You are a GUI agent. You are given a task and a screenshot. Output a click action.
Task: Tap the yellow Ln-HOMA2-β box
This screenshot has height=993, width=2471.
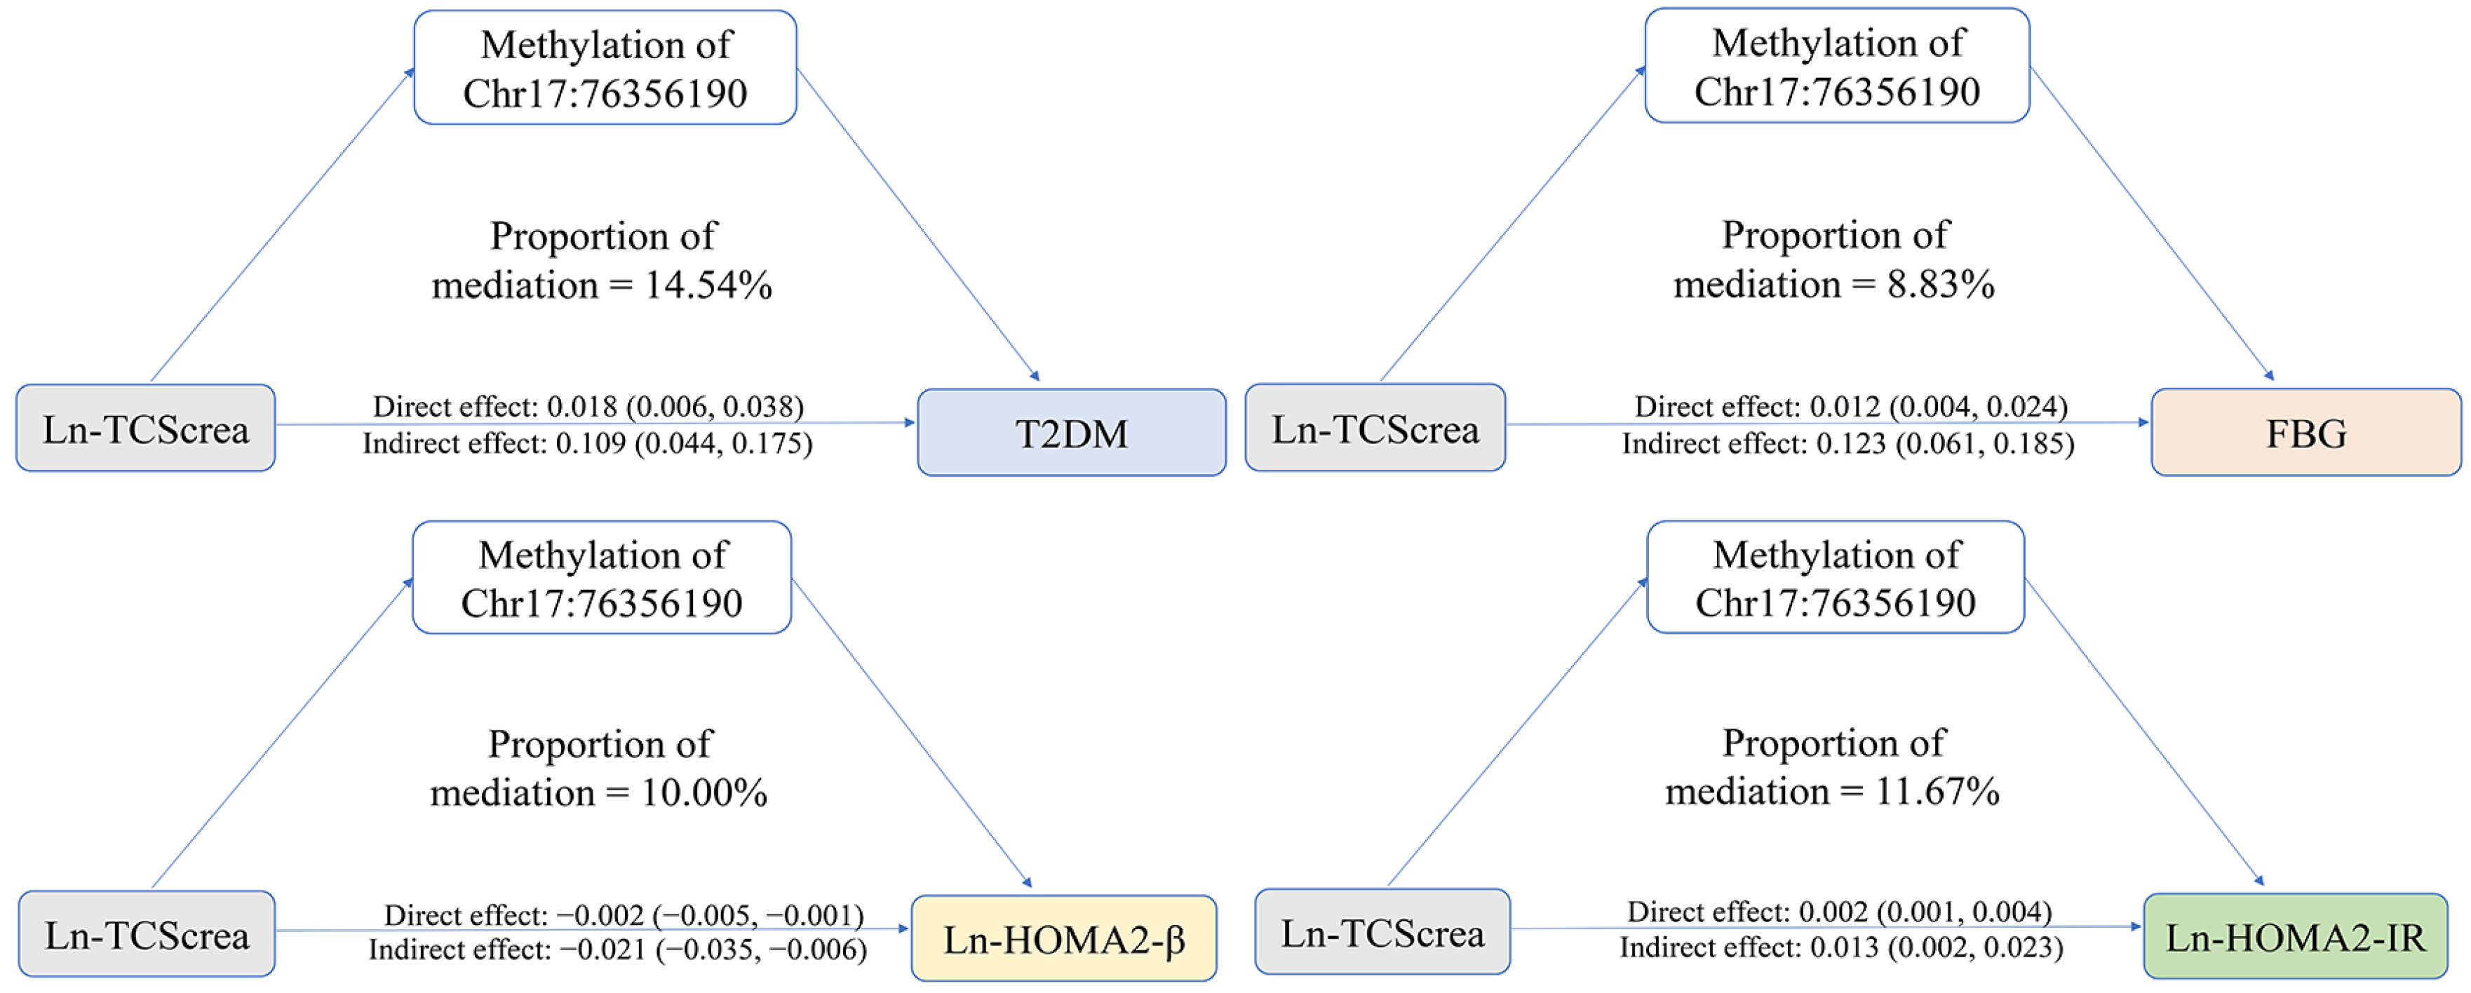[1064, 939]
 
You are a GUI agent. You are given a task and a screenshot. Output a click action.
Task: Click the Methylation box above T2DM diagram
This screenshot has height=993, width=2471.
[605, 68]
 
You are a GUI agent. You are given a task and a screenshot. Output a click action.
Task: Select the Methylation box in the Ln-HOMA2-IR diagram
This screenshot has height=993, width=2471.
[1835, 578]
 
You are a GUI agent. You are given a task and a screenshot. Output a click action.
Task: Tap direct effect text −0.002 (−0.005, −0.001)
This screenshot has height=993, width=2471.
[624, 914]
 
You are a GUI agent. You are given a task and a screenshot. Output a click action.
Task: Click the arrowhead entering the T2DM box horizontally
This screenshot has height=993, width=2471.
[910, 422]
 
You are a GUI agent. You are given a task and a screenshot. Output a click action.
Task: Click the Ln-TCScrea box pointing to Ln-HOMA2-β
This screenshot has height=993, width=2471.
[147, 935]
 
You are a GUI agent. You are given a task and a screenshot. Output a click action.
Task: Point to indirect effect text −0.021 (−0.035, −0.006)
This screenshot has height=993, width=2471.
[618, 950]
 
